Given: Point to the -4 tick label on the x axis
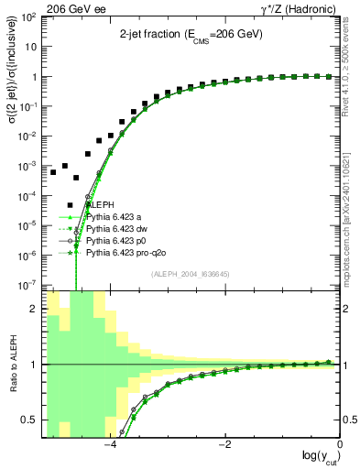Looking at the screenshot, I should point(109,444).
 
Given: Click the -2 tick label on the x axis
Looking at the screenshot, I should point(224,444).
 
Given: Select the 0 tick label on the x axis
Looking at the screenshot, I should point(339,444).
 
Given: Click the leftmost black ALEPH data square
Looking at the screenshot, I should point(53,172).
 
